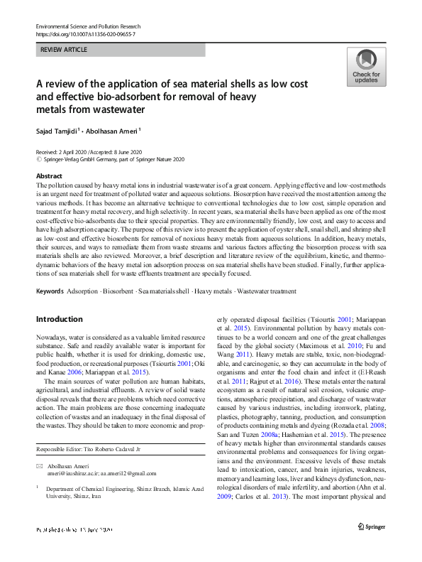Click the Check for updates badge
pos(365,67)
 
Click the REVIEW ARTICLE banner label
pos(63,50)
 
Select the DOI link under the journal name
pos(85,34)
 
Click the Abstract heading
pos(49,175)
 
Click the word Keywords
pos(50,291)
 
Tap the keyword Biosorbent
pos(118,291)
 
